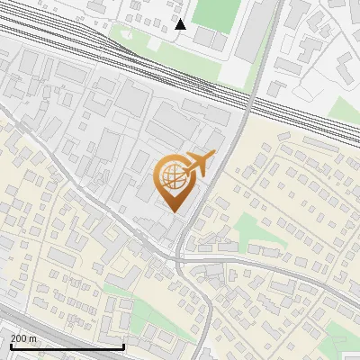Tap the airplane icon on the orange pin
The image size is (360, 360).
click(199, 164)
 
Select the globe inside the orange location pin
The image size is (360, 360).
click(171, 176)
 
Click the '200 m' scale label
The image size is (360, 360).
click(23, 338)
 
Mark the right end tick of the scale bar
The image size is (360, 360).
click(123, 345)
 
